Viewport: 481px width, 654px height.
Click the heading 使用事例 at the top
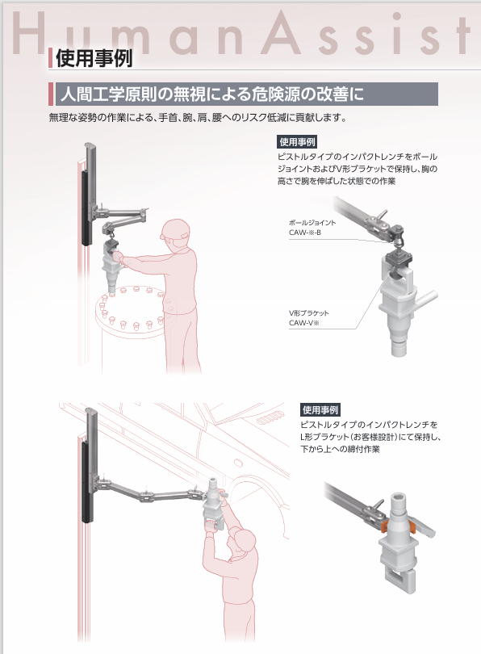pyautogui.click(x=94, y=58)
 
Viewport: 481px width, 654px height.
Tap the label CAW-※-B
pyautogui.click(x=305, y=233)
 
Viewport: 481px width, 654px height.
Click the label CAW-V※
pyautogui.click(x=304, y=323)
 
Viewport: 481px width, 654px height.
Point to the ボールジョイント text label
pyautogui.click(x=312, y=223)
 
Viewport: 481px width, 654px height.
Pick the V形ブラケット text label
pyautogui.click(x=309, y=312)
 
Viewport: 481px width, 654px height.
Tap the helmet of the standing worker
pyautogui.click(x=174, y=229)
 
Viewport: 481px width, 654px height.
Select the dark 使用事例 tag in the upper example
pyautogui.click(x=297, y=142)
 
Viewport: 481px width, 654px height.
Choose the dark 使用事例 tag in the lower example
pyautogui.click(x=320, y=409)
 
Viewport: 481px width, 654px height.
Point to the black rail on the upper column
pyautogui.click(x=86, y=208)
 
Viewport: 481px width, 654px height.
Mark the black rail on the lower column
pyautogui.click(x=87, y=482)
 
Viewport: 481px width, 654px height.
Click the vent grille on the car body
pyautogui.click(x=270, y=418)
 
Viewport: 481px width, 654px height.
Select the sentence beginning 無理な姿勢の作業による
pyautogui.click(x=198, y=118)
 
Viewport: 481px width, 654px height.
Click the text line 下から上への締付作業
pyautogui.click(x=340, y=449)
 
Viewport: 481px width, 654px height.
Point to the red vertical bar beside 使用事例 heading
pyautogui.click(x=50, y=58)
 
